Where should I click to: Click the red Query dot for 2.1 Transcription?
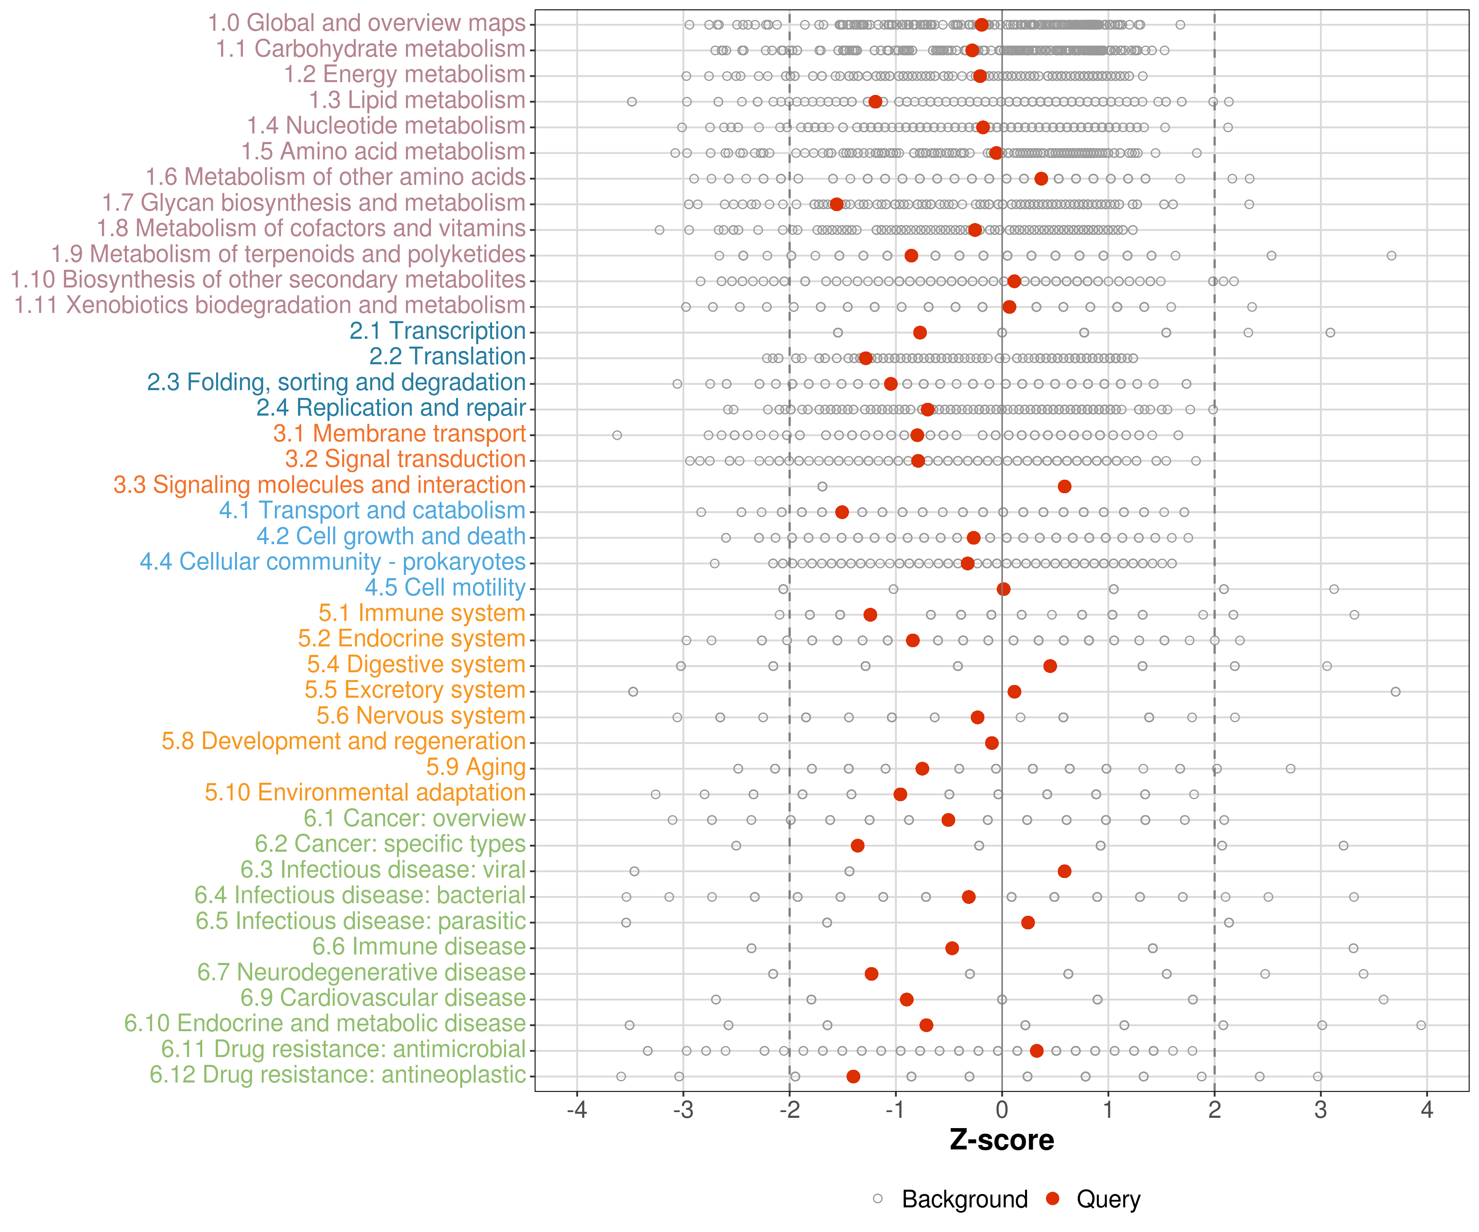coord(920,332)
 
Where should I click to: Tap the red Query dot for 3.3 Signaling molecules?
coord(1064,487)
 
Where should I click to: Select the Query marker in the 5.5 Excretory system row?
coord(1014,691)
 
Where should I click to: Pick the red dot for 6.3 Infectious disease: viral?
coord(1064,871)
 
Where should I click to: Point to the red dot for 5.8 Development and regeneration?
coord(992,743)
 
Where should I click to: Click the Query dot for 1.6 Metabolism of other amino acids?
coord(1041,179)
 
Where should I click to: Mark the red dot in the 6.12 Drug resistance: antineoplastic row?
coord(853,1076)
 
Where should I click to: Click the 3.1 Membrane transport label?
coord(399,434)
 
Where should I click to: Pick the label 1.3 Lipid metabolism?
coord(417,101)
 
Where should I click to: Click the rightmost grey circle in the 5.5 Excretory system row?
coord(1395,691)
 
